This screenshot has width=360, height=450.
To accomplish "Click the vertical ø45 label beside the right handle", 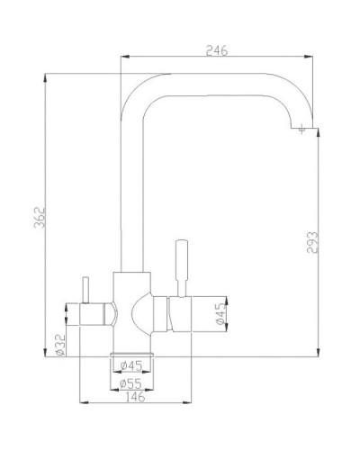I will [220, 315].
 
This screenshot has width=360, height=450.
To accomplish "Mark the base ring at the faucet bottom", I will [131, 352].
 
